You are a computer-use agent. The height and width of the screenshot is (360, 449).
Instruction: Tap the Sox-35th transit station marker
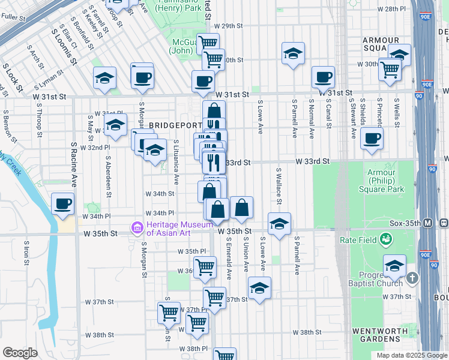pos(428,223)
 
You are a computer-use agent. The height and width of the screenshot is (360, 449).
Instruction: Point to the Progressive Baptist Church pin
pos(412,278)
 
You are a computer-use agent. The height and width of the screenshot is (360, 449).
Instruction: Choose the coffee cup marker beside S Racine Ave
pos(62,204)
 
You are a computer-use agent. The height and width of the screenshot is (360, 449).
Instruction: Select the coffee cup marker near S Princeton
pos(372,138)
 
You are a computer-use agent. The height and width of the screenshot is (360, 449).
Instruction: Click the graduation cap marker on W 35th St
pos(279,224)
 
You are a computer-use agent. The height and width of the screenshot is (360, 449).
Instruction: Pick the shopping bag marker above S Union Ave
pos(241,209)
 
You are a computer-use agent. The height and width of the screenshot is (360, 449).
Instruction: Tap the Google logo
pos(20,353)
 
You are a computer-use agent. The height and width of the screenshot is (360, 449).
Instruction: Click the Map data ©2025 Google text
pos(411,355)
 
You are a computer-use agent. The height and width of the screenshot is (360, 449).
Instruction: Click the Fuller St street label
pos(11,18)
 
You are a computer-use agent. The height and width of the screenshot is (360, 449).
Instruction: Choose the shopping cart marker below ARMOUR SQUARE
pos(390,70)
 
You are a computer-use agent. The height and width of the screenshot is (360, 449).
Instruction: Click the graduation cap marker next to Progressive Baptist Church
pos(394,266)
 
